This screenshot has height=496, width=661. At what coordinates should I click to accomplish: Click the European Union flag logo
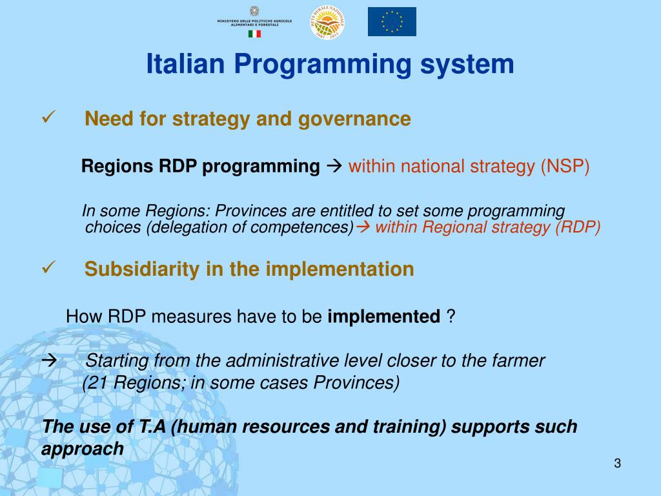tap(392, 21)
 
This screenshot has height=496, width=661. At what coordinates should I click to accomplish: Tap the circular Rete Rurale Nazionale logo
tap(328, 22)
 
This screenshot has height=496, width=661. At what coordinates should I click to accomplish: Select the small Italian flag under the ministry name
tap(254, 34)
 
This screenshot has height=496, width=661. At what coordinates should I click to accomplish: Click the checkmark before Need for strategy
tap(49, 118)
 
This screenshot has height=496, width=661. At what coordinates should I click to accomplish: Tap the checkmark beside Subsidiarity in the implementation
tap(49, 267)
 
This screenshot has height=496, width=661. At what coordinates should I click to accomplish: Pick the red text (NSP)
tap(565, 167)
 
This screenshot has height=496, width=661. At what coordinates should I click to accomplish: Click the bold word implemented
tap(384, 316)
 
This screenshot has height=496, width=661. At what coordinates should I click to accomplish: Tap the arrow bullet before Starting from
tap(49, 360)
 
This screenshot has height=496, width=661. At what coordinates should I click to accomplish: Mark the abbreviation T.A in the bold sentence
tap(152, 427)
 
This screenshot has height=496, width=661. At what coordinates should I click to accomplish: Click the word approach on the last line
tap(82, 449)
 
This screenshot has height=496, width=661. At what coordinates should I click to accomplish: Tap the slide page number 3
tap(617, 463)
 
